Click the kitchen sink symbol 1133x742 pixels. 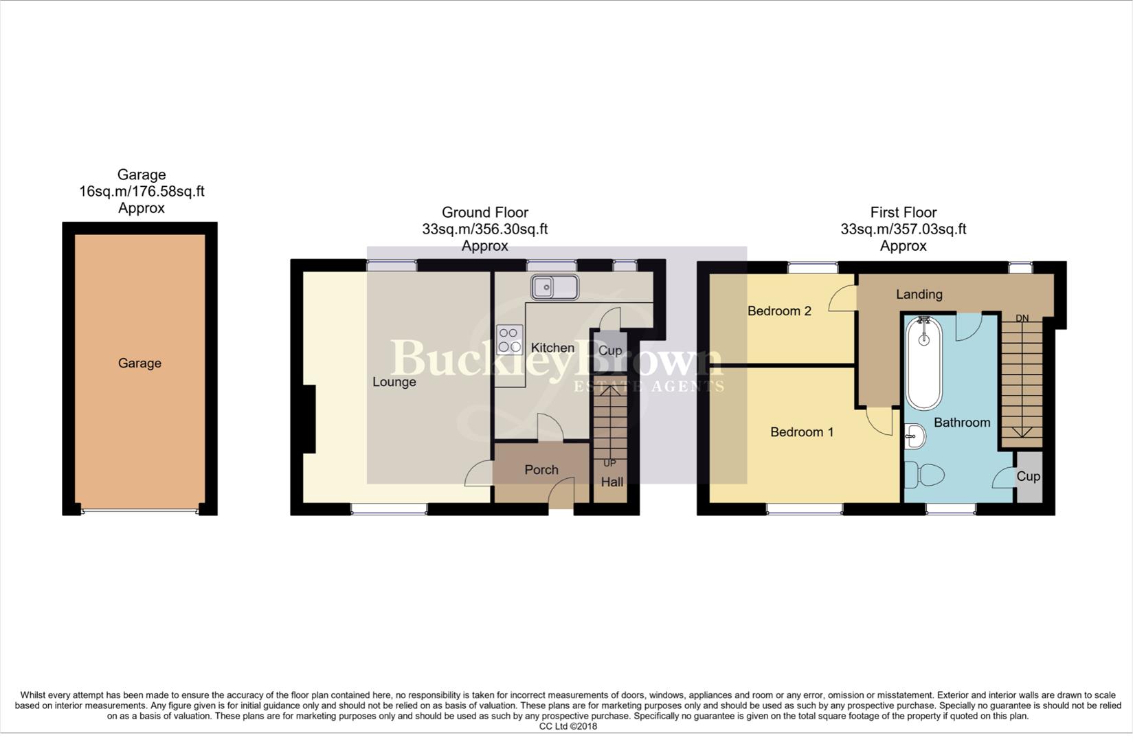pyautogui.click(x=554, y=287)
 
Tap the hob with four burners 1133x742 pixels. pyautogui.click(x=509, y=339)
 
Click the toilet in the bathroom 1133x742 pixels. pyautogui.click(x=925, y=475)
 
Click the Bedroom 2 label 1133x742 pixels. pyautogui.click(x=779, y=311)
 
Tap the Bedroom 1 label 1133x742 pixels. pyautogui.click(x=801, y=432)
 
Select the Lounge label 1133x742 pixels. pyautogui.click(x=394, y=382)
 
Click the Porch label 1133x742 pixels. pyautogui.click(x=541, y=470)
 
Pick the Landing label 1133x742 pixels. pyautogui.click(x=919, y=295)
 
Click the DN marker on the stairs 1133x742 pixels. pyautogui.click(x=1022, y=318)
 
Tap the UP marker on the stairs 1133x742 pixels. pyautogui.click(x=609, y=463)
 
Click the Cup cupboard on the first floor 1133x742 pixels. pyautogui.click(x=1028, y=476)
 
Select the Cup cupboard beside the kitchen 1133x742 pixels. pyautogui.click(x=609, y=350)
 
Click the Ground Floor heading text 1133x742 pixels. pyautogui.click(x=484, y=212)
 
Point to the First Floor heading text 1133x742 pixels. pyautogui.click(x=903, y=212)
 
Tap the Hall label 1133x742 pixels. pyautogui.click(x=612, y=482)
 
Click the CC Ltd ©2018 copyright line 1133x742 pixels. pyautogui.click(x=568, y=726)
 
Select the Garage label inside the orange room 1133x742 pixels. pyautogui.click(x=139, y=363)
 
